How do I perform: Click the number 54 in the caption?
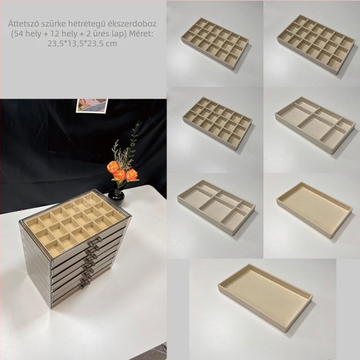[19, 33]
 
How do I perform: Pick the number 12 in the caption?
[55, 33]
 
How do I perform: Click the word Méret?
[141, 33]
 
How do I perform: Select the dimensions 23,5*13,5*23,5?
[75, 44]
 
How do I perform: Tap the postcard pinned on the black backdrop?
[92, 106]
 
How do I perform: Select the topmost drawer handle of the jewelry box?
[94, 240]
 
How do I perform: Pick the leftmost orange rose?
[113, 167]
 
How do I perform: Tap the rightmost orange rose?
[132, 175]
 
